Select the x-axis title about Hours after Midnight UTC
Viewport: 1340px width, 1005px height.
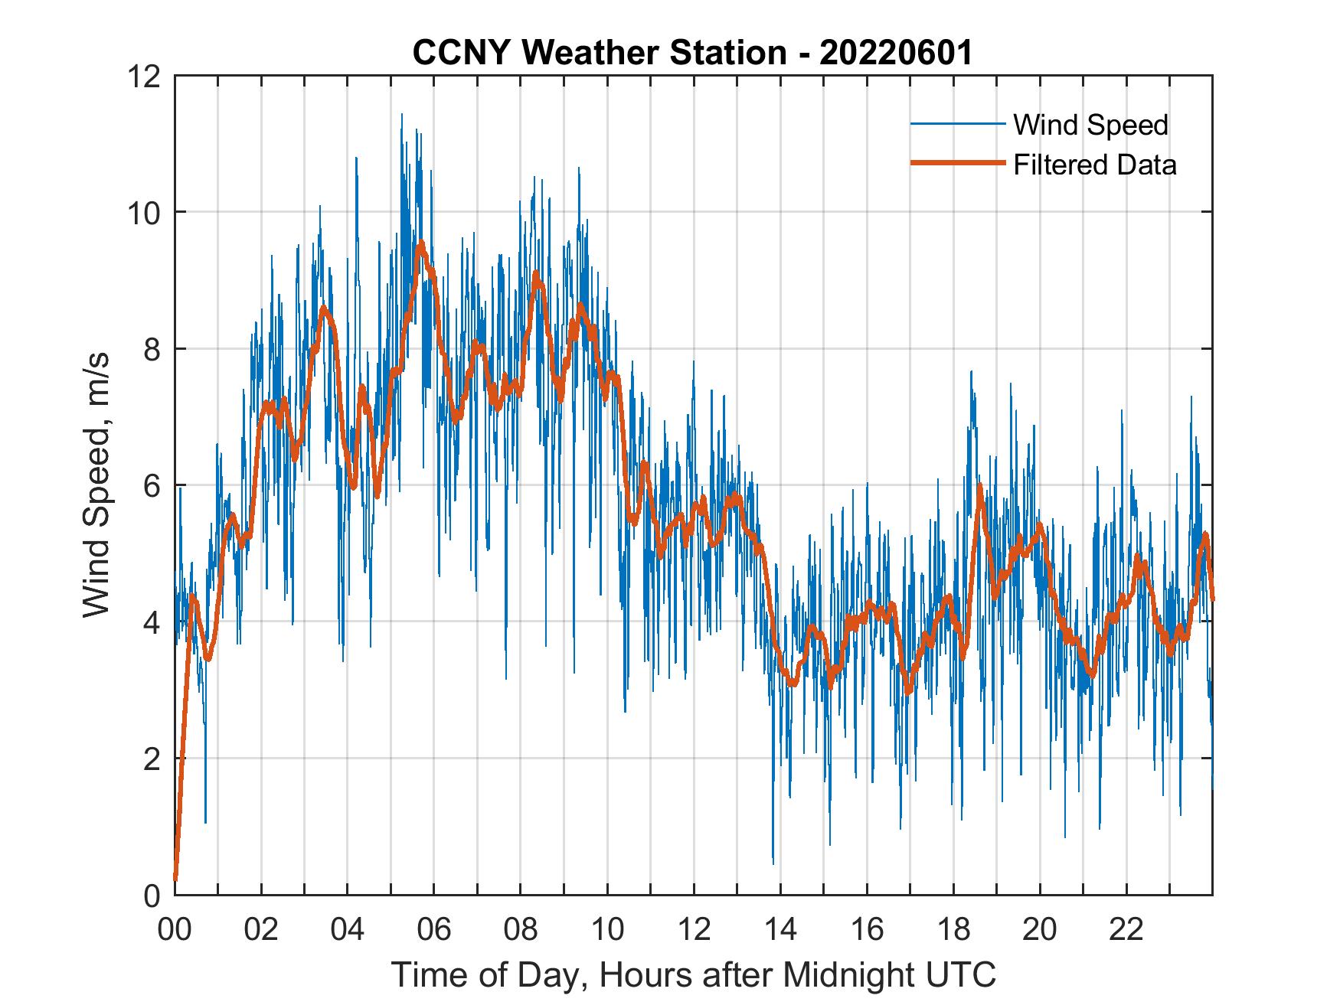point(694,975)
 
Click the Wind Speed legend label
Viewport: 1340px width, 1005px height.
point(1090,125)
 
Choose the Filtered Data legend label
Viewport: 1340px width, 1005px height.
point(1094,165)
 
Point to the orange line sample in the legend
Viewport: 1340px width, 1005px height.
point(957,163)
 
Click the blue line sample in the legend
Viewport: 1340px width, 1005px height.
point(957,124)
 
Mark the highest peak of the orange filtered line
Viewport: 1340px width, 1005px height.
point(420,244)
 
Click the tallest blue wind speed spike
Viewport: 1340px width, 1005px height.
point(402,115)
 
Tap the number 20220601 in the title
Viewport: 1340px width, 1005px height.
point(896,53)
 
